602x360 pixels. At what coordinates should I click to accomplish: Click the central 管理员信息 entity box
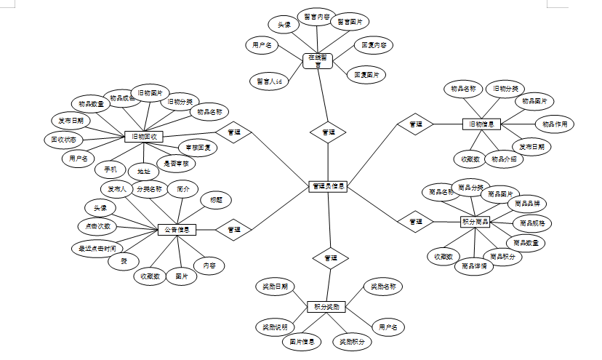coord(327,187)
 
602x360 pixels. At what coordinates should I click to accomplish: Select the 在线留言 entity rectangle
coord(318,60)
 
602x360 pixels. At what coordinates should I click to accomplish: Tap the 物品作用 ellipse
coord(555,124)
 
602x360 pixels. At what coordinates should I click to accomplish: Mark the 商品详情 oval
coord(473,266)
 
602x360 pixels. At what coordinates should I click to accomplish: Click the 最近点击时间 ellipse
coord(97,248)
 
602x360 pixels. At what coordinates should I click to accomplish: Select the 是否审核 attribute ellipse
coord(176,164)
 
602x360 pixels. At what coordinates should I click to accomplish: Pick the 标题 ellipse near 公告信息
coord(216,200)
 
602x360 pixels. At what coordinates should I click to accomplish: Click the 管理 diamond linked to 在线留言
coord(328,132)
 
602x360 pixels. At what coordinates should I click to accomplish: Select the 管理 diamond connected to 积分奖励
coord(330,258)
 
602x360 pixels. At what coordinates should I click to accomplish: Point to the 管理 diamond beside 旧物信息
coord(415,124)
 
